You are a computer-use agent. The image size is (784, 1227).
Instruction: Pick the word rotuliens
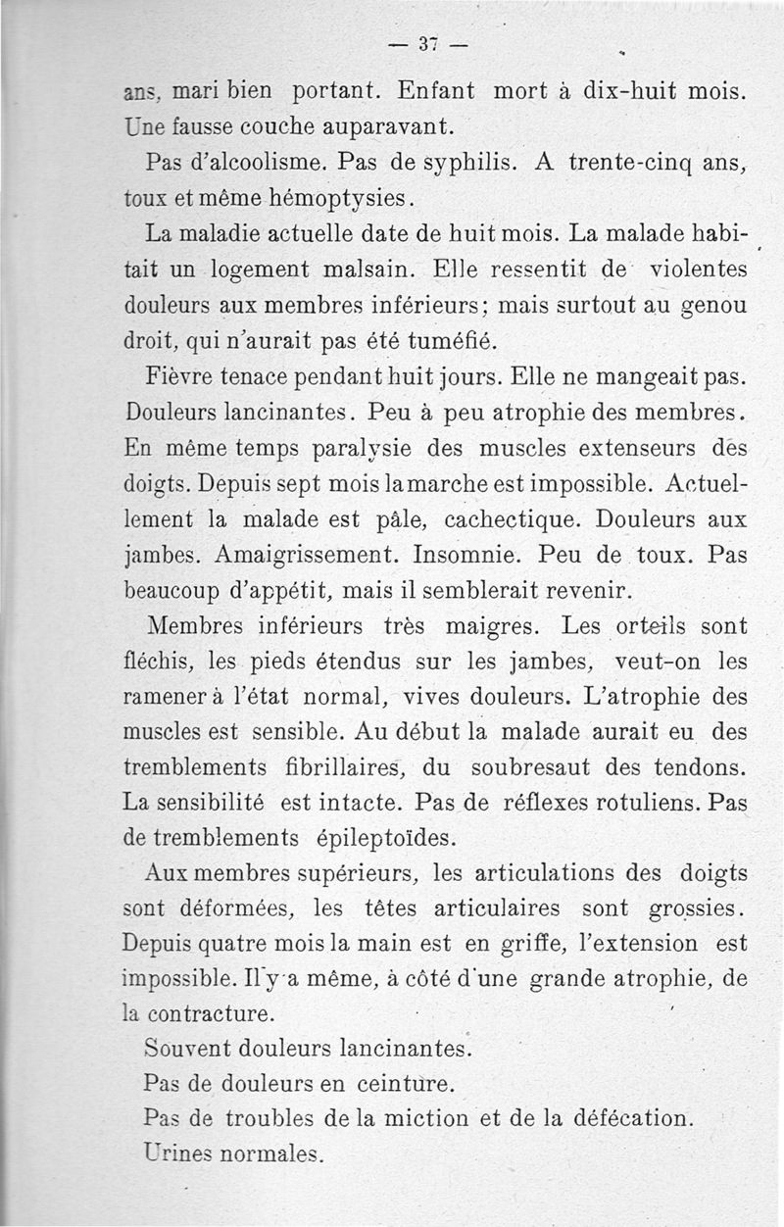[x=638, y=801]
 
